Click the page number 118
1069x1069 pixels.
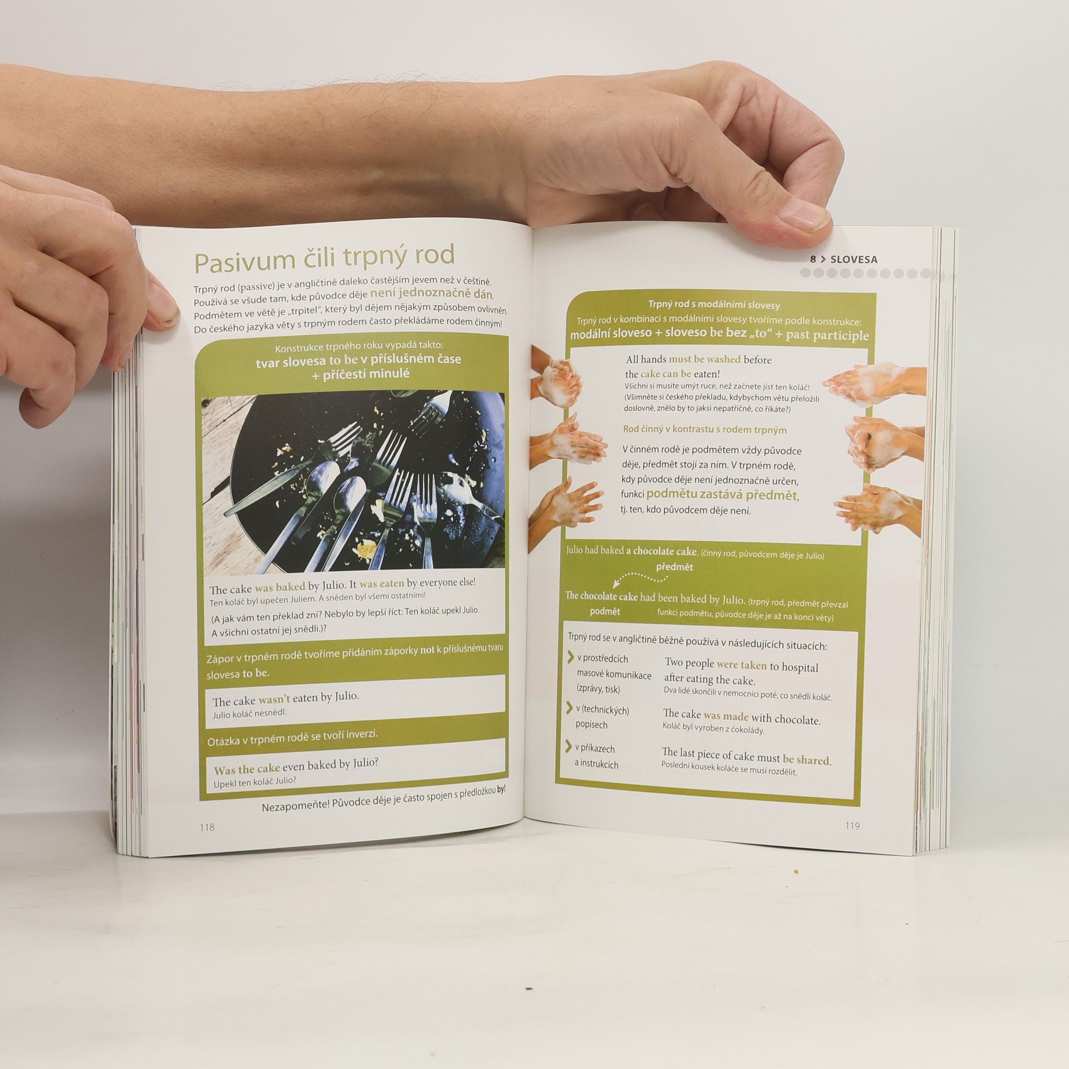(207, 827)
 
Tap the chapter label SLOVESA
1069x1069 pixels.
(854, 259)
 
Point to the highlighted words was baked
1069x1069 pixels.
(280, 587)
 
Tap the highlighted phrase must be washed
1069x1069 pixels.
(704, 359)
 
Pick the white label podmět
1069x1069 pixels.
(605, 611)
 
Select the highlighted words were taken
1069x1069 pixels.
(741, 664)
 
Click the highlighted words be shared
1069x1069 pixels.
(806, 759)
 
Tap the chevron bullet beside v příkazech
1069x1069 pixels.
(569, 747)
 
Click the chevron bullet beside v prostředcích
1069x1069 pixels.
(571, 658)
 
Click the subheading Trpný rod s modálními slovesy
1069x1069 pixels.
(714, 305)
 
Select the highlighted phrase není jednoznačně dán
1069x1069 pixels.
(432, 294)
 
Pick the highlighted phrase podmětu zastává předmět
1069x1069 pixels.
(722, 494)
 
